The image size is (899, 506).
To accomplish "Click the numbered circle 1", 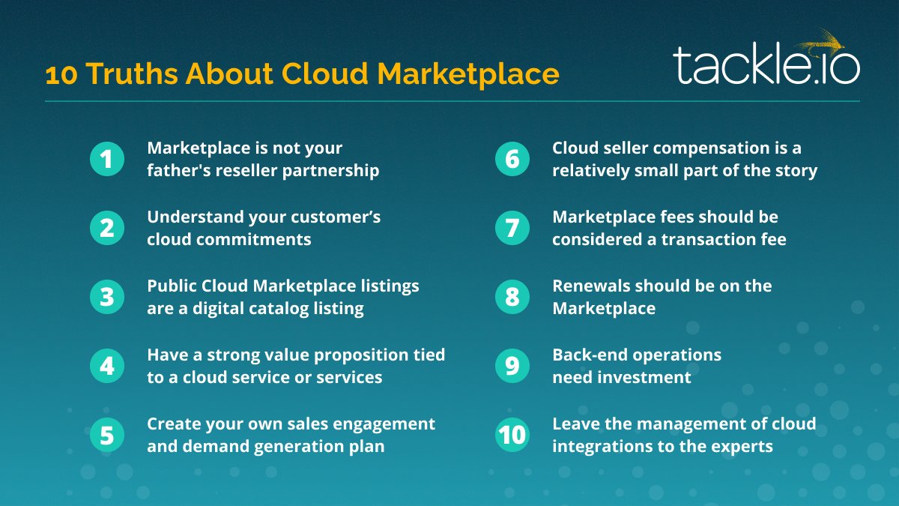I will pyautogui.click(x=107, y=159).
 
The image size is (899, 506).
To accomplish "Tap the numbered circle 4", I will pyautogui.click(x=107, y=366).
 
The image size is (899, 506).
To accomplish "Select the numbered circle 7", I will pyautogui.click(x=512, y=228).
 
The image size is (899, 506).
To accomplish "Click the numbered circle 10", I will pyautogui.click(x=512, y=435).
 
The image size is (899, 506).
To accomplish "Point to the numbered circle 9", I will pyautogui.click(x=512, y=366).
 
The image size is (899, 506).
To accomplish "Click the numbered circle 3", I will pyautogui.click(x=107, y=297).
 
